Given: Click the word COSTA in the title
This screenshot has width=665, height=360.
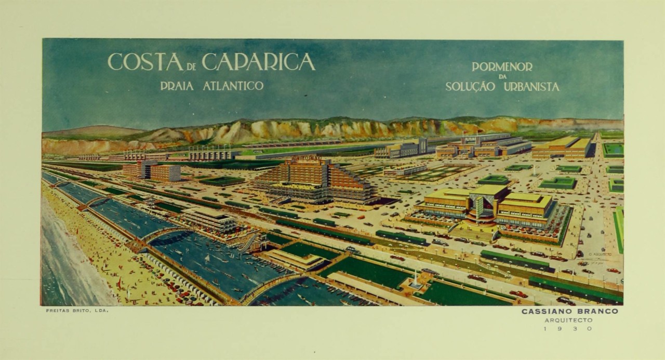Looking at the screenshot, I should [145, 62].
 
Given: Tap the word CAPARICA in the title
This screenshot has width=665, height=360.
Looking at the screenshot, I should [258, 62].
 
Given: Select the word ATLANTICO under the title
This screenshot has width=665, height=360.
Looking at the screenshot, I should [233, 86].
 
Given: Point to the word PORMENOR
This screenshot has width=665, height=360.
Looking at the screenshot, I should [502, 67].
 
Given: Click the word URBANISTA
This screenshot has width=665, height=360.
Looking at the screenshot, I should [531, 87].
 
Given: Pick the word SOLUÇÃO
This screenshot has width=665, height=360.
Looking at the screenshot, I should [470, 87].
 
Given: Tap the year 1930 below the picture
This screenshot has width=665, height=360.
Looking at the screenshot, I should [567, 328].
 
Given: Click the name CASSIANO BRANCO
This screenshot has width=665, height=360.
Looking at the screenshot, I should [570, 312].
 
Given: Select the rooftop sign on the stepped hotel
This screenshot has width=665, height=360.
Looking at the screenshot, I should [307, 158].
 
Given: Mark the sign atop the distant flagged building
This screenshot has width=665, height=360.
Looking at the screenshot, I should [470, 140].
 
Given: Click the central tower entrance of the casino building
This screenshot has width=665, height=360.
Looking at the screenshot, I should [481, 208].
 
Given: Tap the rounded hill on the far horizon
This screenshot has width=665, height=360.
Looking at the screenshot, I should [94, 130].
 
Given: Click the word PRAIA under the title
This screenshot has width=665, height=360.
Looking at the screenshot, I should [177, 86].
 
